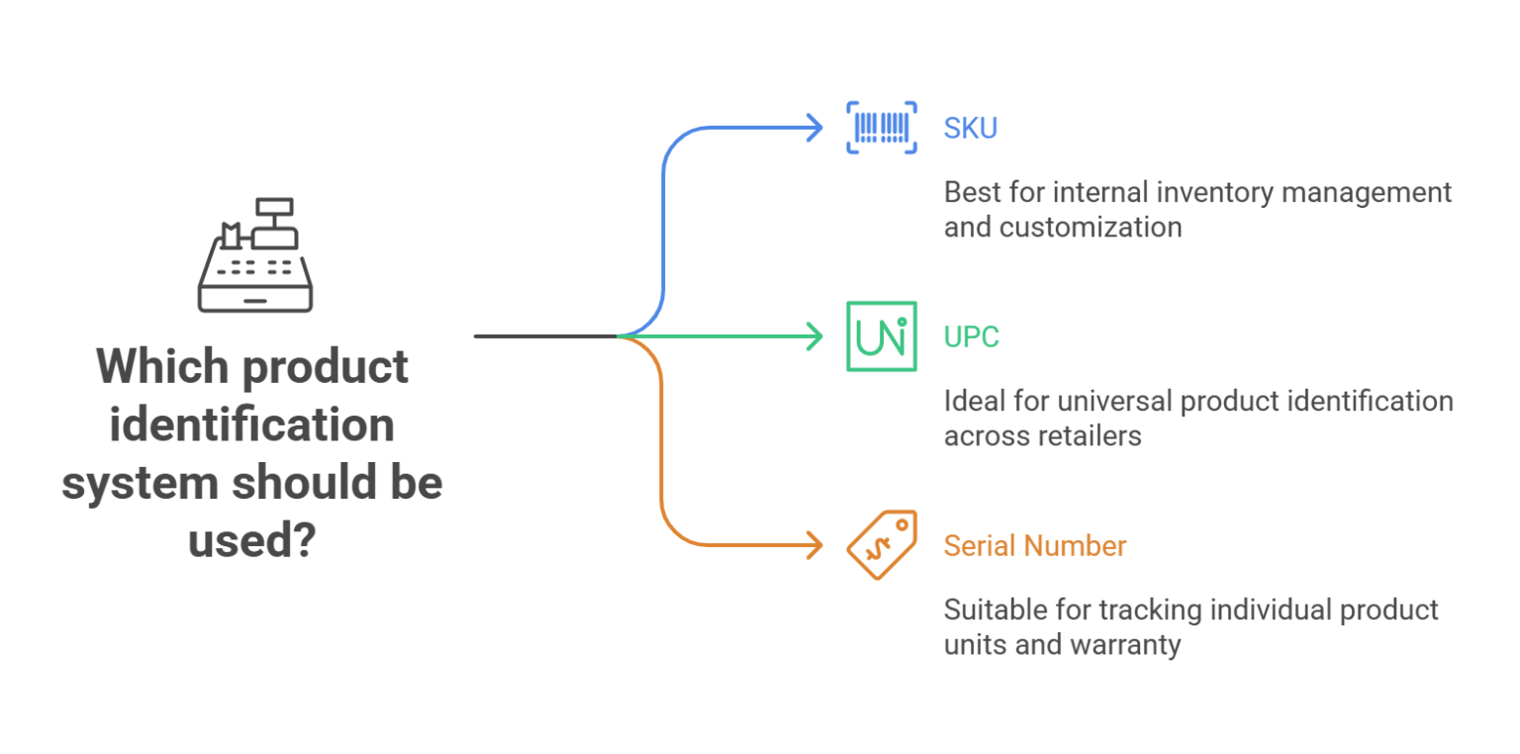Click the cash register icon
[x=255, y=255]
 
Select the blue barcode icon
[x=881, y=128]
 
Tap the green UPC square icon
[x=881, y=336]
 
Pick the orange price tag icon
[x=881, y=545]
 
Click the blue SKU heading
[x=970, y=129]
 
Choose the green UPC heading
[x=971, y=337]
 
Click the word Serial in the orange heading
[x=978, y=546]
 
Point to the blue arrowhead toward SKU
[x=815, y=128]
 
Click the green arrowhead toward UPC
[x=815, y=336]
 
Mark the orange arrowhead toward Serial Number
[x=815, y=545]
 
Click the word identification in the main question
[x=251, y=425]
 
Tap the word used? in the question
[x=251, y=542]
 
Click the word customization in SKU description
[x=1091, y=227]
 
